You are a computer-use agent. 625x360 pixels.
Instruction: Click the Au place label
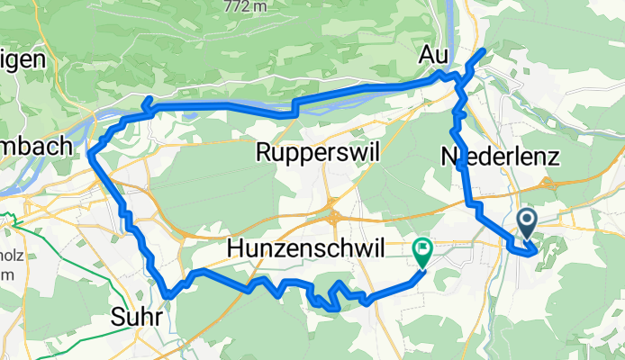pos(433,56)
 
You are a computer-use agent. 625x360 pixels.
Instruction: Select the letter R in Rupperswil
pos(263,153)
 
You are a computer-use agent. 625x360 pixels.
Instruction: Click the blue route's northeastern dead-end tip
pos(485,50)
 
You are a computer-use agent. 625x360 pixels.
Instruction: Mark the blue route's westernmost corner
pos(91,155)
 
